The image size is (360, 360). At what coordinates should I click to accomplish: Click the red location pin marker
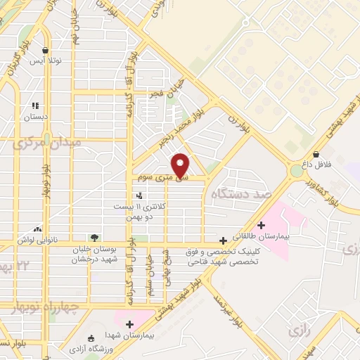coord(182,165)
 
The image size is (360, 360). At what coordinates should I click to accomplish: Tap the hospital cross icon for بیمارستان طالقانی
coord(262,226)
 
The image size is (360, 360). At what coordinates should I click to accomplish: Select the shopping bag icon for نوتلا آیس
coord(46,51)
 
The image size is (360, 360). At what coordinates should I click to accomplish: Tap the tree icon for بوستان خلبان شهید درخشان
coord(94,238)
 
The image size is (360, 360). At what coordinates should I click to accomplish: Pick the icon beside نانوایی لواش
coord(37,229)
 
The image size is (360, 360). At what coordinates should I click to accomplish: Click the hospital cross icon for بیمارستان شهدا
coord(129,323)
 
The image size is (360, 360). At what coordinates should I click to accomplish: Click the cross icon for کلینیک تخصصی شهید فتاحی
coord(224,240)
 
